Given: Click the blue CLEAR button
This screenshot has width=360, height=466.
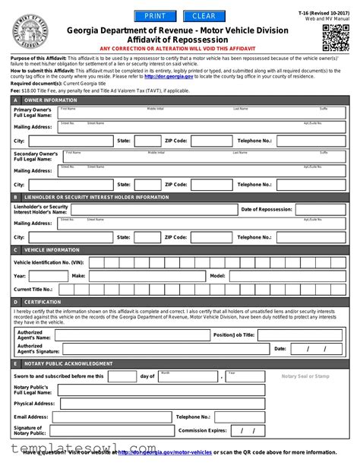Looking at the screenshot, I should [x=204, y=16].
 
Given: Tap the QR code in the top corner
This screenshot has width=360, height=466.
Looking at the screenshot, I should [x=335, y=36].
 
